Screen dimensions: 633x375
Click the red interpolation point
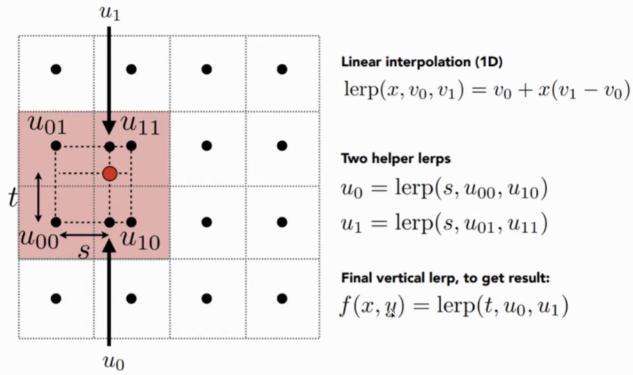109,173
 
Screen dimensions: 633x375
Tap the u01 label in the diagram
47,126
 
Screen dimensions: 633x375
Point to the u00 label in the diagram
40,238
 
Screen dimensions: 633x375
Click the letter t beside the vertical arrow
13,199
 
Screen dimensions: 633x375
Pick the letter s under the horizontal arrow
84,251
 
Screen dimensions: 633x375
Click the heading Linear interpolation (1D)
422,61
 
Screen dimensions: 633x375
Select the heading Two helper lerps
396,158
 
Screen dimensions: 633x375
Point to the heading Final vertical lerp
446,279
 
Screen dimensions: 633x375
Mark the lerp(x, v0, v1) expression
403,91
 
